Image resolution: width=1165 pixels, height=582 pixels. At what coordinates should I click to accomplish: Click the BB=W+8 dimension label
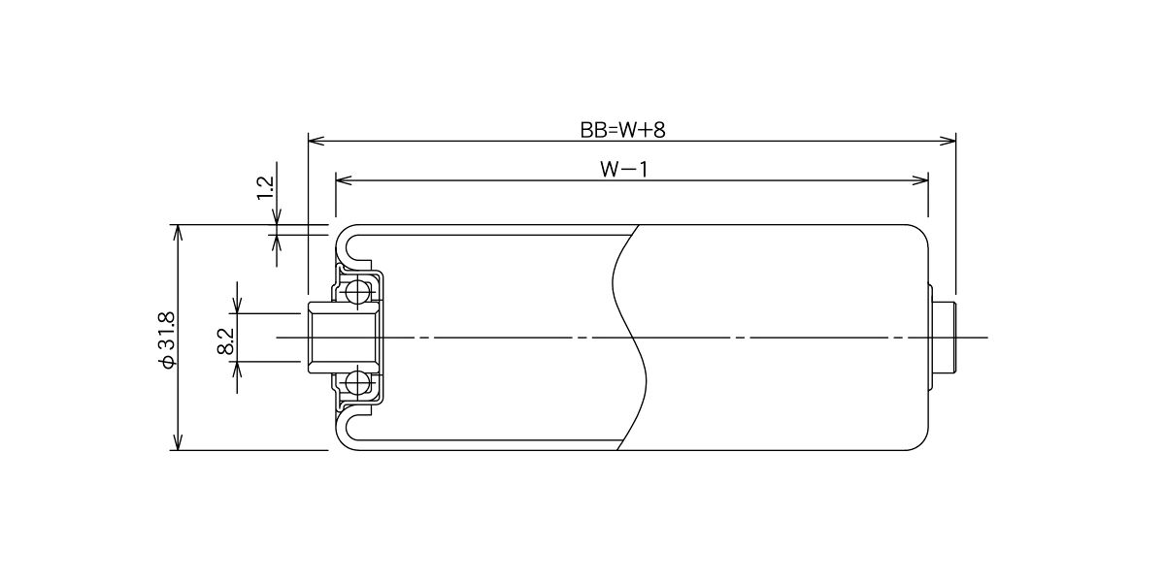(622, 130)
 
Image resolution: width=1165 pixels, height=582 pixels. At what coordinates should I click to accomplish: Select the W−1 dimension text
(624, 170)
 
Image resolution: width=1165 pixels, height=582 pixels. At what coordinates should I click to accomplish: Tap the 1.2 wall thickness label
(266, 187)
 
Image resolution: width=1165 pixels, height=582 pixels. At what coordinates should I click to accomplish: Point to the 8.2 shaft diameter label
(226, 340)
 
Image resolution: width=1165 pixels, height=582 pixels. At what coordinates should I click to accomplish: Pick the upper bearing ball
(358, 292)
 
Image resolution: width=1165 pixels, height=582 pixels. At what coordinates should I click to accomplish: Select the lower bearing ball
(358, 383)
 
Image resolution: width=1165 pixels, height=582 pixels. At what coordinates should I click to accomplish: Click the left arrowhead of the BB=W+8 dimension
(316, 141)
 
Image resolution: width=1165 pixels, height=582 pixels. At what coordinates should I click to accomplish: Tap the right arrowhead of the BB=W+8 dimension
(948, 141)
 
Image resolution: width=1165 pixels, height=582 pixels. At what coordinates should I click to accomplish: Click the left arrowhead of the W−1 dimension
(344, 180)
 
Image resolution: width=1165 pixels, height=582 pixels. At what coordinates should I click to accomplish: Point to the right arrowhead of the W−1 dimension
(920, 180)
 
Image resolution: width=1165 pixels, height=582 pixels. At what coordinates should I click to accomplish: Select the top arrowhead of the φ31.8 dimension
(178, 233)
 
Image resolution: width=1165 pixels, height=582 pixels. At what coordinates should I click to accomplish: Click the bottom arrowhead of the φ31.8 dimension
(178, 441)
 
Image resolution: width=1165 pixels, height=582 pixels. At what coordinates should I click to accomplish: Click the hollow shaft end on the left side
(342, 338)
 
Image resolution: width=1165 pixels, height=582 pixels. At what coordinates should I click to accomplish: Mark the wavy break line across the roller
(630, 338)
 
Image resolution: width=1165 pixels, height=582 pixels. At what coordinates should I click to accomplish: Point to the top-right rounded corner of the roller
(921, 232)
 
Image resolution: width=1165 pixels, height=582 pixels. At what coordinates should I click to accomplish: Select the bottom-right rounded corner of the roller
(921, 443)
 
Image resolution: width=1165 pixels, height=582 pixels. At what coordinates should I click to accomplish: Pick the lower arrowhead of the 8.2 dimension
(238, 370)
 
